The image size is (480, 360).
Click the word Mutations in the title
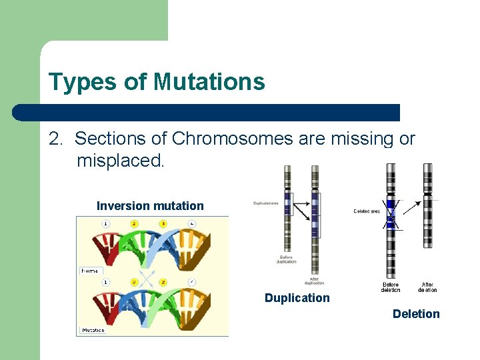click(209, 82)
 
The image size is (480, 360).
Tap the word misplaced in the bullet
click(120, 161)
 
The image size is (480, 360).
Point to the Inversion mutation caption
click(150, 206)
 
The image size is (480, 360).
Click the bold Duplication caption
click(297, 298)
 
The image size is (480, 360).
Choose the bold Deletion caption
click(416, 314)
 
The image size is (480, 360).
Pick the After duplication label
click(314, 281)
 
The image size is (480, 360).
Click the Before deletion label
click(391, 287)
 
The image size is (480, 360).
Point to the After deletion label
click(427, 287)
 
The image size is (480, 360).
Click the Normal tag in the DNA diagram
click(91, 271)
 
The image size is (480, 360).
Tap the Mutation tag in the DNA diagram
click(93, 330)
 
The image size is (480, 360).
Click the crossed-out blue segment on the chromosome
click(391, 214)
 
